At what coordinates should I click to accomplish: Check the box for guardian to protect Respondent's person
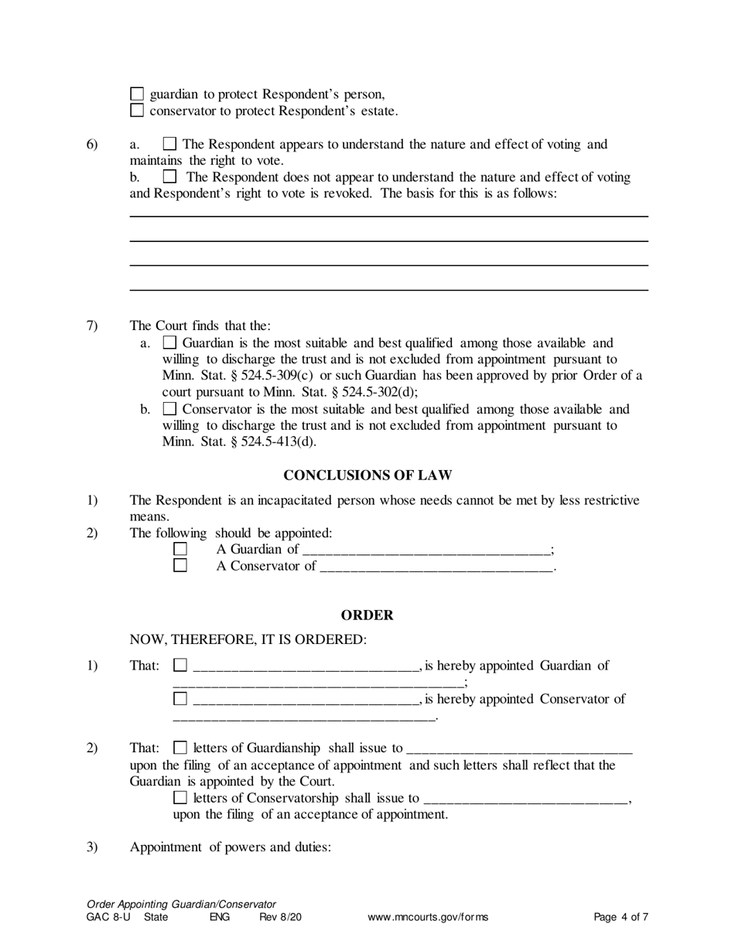pyautogui.click(x=137, y=94)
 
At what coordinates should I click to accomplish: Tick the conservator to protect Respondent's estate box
pyautogui.click(x=137, y=111)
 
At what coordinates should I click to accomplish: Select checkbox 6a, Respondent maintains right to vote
pyautogui.click(x=170, y=144)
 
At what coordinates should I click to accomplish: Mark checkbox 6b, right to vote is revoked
pyautogui.click(x=170, y=177)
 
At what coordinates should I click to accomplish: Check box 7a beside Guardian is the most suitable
pyautogui.click(x=170, y=343)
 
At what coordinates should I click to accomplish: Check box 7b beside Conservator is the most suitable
pyautogui.click(x=170, y=409)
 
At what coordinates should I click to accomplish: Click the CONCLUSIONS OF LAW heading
pyautogui.click(x=367, y=475)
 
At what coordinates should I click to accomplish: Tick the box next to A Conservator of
pyautogui.click(x=180, y=566)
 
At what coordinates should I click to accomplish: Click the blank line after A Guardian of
pyautogui.click(x=426, y=550)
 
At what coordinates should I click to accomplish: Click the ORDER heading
pyautogui.click(x=367, y=615)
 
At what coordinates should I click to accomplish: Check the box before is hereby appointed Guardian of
pyautogui.click(x=180, y=665)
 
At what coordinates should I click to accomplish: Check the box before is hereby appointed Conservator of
pyautogui.click(x=180, y=699)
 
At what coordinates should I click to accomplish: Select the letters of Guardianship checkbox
pyautogui.click(x=180, y=748)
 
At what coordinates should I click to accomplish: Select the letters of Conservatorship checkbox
pyautogui.click(x=180, y=798)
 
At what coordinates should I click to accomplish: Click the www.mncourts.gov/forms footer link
pyautogui.click(x=428, y=918)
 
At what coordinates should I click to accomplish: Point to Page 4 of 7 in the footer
pyautogui.click(x=620, y=918)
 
